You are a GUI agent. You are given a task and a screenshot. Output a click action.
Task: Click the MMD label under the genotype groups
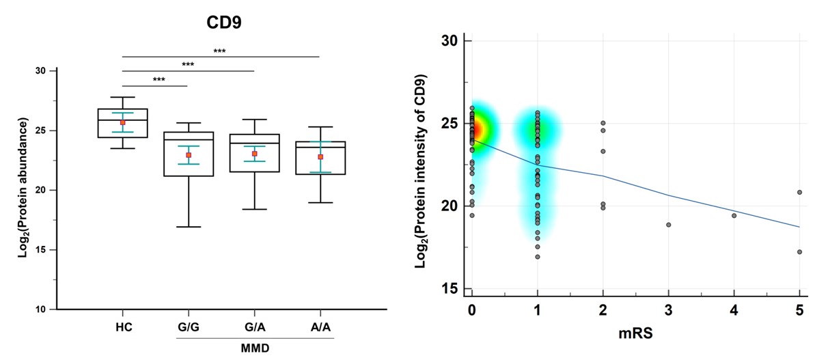click(254, 347)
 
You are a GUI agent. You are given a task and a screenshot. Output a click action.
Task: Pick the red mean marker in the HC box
click(123, 122)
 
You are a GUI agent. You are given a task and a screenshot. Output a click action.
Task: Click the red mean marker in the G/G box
click(189, 155)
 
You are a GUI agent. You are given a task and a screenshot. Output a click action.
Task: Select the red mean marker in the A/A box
click(320, 157)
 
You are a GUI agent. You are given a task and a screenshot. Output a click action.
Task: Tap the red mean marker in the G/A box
click(254, 154)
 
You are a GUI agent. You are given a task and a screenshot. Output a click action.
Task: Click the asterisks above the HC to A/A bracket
click(219, 51)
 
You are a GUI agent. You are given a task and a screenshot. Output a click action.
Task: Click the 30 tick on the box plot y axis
click(41, 71)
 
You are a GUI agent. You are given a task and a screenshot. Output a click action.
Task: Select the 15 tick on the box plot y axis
click(41, 250)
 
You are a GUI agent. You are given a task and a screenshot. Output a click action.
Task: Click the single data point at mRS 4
click(734, 216)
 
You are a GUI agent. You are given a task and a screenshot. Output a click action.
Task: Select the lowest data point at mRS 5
click(799, 252)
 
